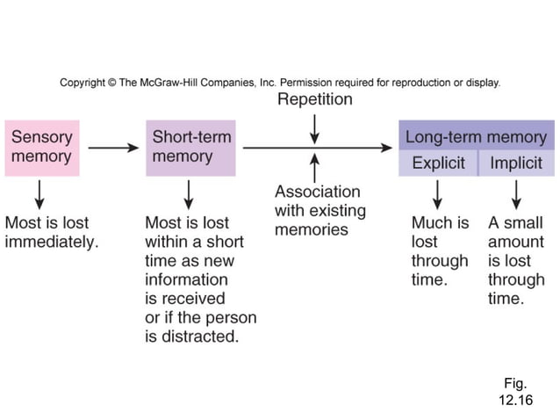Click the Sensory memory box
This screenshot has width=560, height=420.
42,147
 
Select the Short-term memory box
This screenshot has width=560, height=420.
190,147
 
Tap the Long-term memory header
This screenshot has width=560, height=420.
475,137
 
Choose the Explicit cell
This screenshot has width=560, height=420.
438,163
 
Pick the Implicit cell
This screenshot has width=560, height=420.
515,163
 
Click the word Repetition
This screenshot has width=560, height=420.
314,99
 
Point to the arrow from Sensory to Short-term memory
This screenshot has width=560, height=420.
113,148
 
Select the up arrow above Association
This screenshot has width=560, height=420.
315,166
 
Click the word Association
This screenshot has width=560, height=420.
317,192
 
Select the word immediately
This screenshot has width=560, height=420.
52,242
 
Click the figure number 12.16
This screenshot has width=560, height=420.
514,401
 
